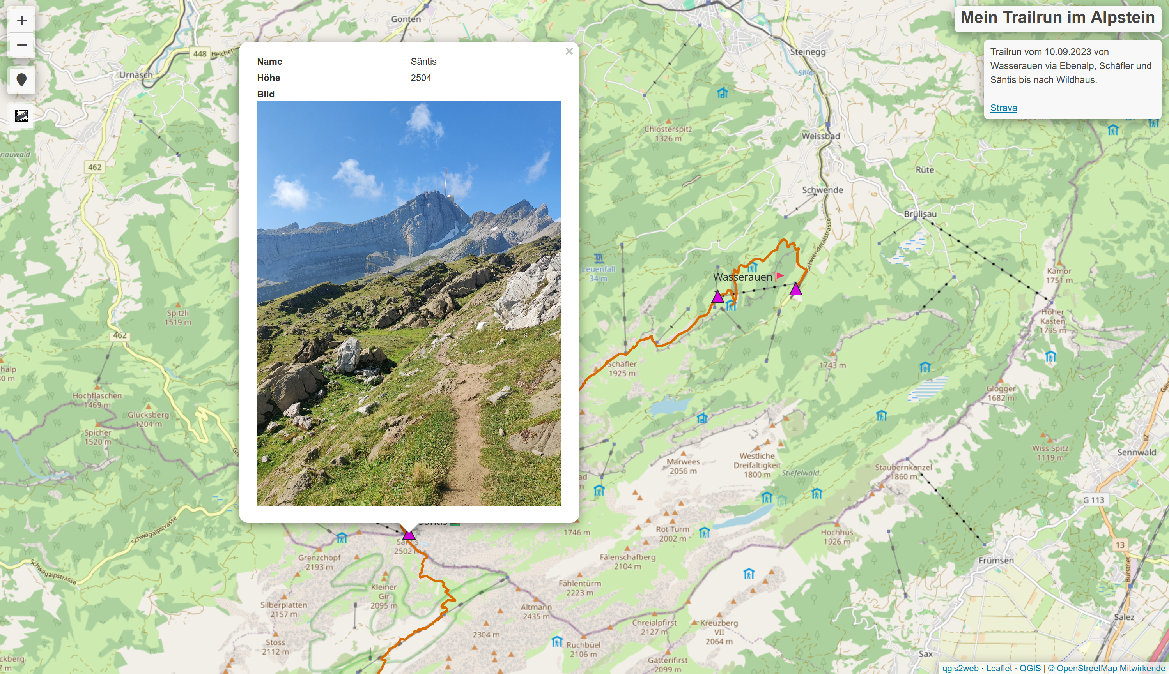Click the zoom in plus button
click(21, 21)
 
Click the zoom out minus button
click(21, 45)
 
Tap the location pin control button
click(21, 80)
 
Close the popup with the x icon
click(569, 51)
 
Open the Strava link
click(1003, 108)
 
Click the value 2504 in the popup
click(421, 78)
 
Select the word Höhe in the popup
click(269, 78)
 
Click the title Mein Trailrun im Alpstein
click(1057, 18)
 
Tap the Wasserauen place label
click(742, 277)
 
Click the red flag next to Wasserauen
click(779, 276)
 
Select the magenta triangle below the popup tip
click(409, 535)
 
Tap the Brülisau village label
click(920, 214)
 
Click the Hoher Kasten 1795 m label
click(1052, 321)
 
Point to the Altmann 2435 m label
click(536, 611)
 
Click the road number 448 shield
click(200, 54)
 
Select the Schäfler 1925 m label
click(622, 369)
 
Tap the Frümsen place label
click(996, 561)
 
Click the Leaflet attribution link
click(999, 668)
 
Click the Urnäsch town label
click(136, 74)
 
